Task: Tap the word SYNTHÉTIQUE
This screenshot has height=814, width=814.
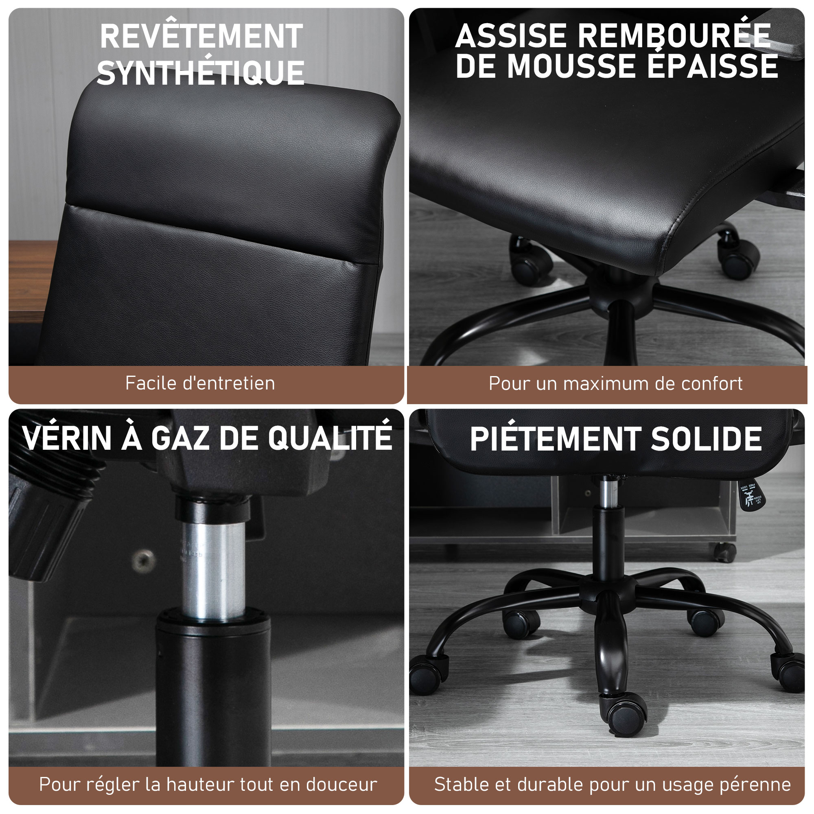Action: coord(201,72)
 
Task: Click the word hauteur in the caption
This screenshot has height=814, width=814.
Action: coord(201,785)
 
